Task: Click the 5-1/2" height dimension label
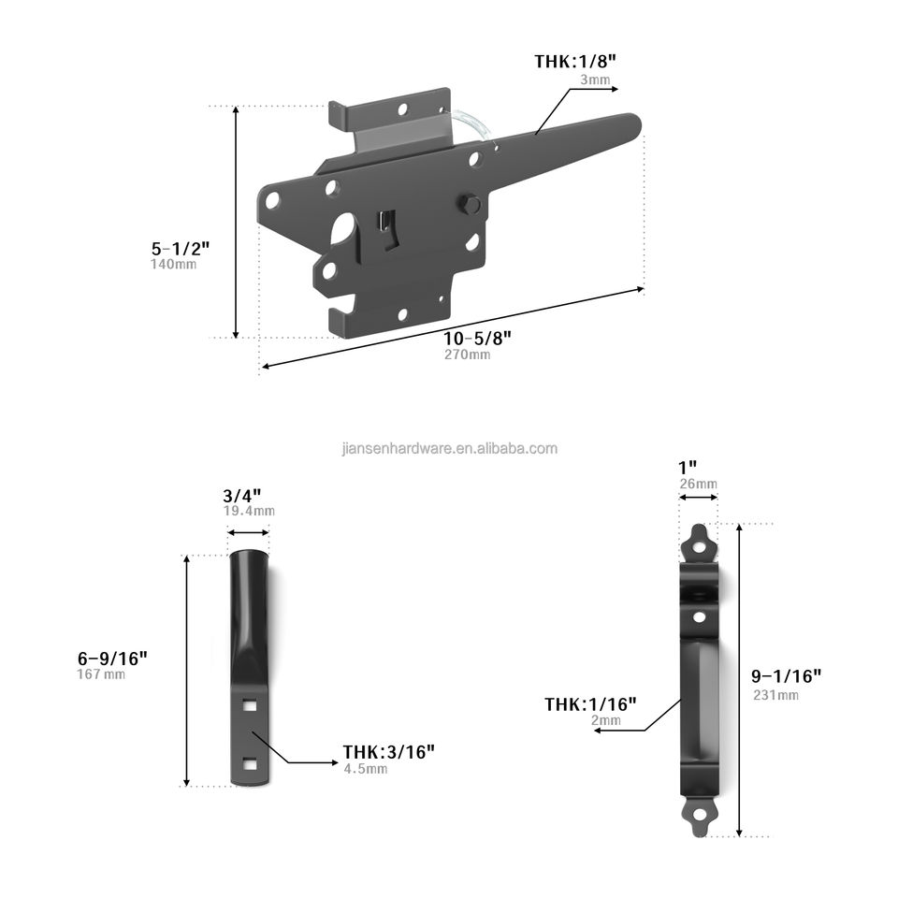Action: pos(181,249)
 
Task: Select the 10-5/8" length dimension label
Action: pos(482,338)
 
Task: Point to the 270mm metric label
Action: pos(467,355)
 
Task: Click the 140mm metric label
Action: pos(173,265)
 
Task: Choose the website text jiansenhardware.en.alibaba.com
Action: pos(450,448)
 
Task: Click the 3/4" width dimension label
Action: pos(242,496)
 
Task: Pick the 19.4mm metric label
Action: pos(249,511)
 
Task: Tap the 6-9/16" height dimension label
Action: pos(111,658)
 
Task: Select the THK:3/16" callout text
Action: pos(388,751)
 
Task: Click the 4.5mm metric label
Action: pos(364,768)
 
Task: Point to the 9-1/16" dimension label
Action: pos(787,675)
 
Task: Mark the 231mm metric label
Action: pos(775,694)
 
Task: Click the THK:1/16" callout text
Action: pos(591,703)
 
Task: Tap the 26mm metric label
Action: pos(699,484)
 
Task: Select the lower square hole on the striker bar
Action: pos(248,763)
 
